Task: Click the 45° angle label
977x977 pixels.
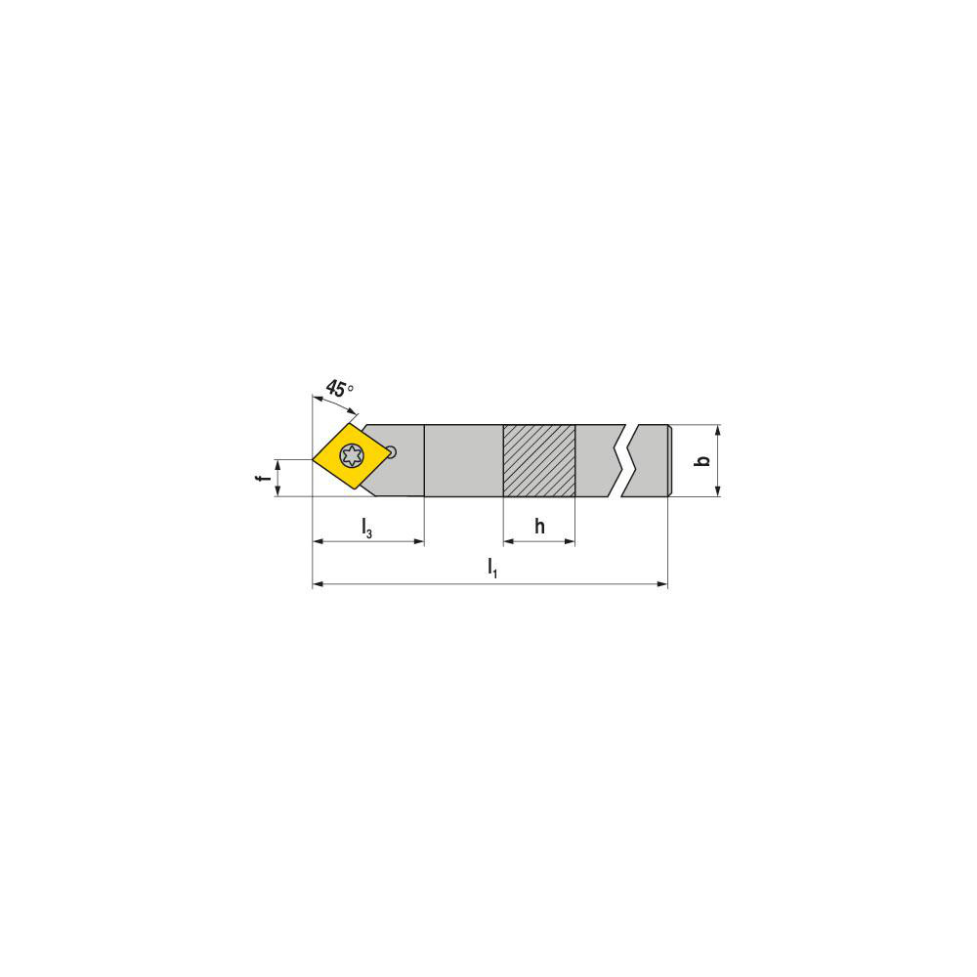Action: [x=339, y=389]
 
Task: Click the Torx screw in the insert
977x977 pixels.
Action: [x=351, y=455]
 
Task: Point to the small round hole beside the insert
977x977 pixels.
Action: [x=392, y=451]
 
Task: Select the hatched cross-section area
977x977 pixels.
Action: [x=538, y=461]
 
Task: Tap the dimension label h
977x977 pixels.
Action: [x=539, y=527]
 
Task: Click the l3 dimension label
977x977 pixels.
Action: [x=366, y=529]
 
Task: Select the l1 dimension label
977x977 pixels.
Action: [x=492, y=567]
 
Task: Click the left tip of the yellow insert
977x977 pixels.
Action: [x=315, y=457]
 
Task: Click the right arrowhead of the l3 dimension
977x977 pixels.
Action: [x=419, y=540]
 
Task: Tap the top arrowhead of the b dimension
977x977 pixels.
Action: [x=718, y=430]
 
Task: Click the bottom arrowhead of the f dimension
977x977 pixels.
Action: [x=277, y=491]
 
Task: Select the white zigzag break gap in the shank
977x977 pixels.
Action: [x=629, y=461]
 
